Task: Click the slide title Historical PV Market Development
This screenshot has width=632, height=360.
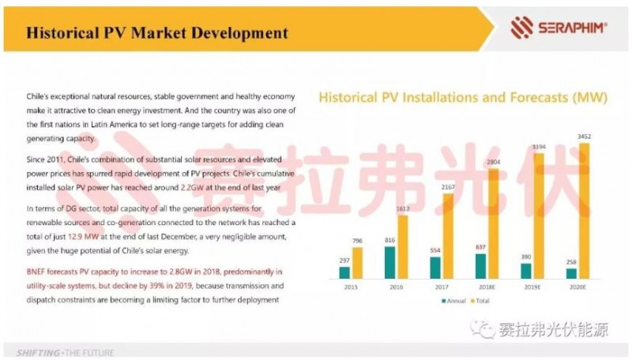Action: pos(156,33)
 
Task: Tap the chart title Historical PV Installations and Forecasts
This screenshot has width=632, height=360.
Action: pos(461,99)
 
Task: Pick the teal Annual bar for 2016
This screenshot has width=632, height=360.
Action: pos(389,263)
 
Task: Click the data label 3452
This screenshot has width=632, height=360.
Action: pos(585,137)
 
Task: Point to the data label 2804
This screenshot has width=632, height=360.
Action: pos(493,163)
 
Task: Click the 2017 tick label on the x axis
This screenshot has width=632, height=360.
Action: pos(441,288)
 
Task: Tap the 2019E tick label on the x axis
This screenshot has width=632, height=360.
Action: pos(532,288)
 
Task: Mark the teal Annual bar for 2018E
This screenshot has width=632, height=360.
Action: pos(480,266)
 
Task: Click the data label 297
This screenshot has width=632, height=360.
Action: pos(344,259)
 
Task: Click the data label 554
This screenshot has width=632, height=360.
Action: pos(434,250)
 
